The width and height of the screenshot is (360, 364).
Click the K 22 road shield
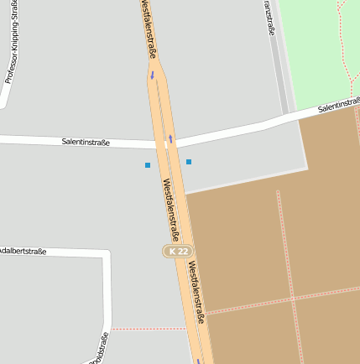178,251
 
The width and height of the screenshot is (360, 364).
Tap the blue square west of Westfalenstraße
148,165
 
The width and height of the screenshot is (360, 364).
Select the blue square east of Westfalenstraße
189,161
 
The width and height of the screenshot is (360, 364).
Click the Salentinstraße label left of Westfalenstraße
86,142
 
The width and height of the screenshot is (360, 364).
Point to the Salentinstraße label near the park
338,106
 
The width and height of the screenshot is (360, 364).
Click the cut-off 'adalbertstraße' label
23,251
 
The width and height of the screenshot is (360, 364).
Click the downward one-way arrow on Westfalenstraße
153,75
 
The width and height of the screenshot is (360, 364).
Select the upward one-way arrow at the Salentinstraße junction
170,138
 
